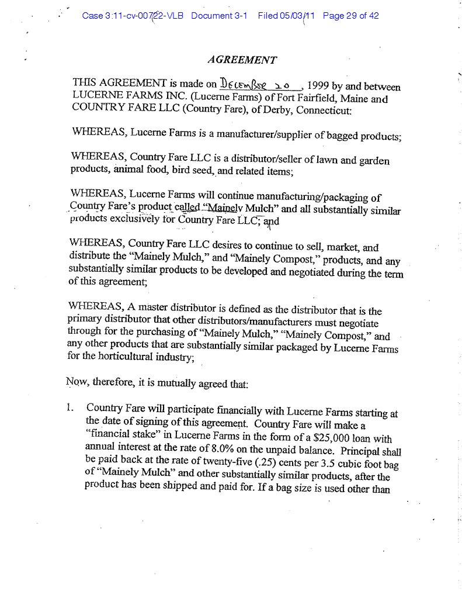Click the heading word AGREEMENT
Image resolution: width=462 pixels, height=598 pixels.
click(242, 60)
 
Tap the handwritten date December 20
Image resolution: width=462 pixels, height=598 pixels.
click(259, 83)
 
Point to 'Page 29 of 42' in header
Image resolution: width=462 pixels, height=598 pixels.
click(350, 16)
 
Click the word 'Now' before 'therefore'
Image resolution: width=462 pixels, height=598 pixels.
click(75, 383)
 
